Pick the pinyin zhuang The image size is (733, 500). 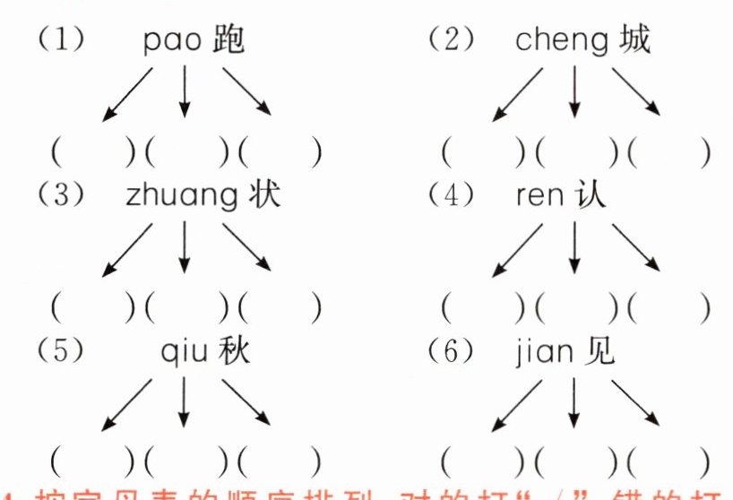(183, 199)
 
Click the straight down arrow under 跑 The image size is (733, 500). (185, 91)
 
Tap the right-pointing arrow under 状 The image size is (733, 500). (246, 246)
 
